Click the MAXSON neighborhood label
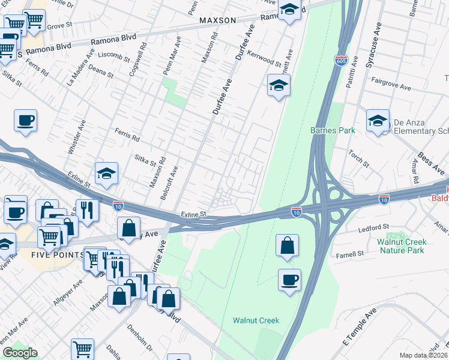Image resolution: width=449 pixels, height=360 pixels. pyautogui.click(x=218, y=20)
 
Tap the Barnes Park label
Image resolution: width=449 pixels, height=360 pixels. pyautogui.click(x=333, y=130)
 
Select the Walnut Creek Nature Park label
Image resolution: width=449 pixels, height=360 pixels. pyautogui.click(x=401, y=246)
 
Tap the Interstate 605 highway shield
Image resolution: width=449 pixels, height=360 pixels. pyautogui.click(x=340, y=61)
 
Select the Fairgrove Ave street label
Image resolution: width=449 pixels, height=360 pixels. pyautogui.click(x=391, y=83)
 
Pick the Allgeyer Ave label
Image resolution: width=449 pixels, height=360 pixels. pyautogui.click(x=67, y=291)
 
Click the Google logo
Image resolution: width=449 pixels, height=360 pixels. pyautogui.click(x=20, y=353)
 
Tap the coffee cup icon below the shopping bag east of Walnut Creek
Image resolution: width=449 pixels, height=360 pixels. pyautogui.click(x=289, y=280)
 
